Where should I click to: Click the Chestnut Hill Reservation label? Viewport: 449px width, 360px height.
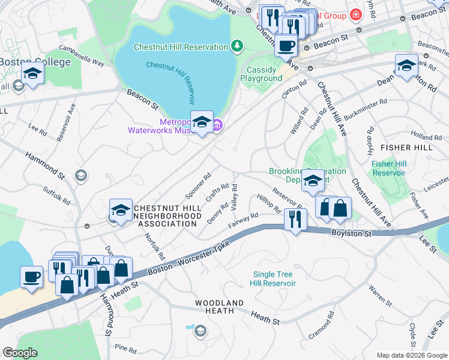(x=181, y=47)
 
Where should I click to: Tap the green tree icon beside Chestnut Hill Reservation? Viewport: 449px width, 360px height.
(x=237, y=46)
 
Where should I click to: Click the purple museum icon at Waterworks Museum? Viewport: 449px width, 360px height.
(x=217, y=125)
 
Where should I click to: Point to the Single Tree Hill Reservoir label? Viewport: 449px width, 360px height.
(x=274, y=279)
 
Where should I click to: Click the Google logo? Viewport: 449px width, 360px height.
(x=20, y=353)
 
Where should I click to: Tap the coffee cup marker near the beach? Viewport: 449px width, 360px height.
(x=32, y=277)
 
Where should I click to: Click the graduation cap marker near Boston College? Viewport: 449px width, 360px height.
(x=32, y=74)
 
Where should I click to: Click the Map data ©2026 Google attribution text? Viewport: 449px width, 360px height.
(x=411, y=355)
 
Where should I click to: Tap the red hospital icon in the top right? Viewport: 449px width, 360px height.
(x=356, y=14)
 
